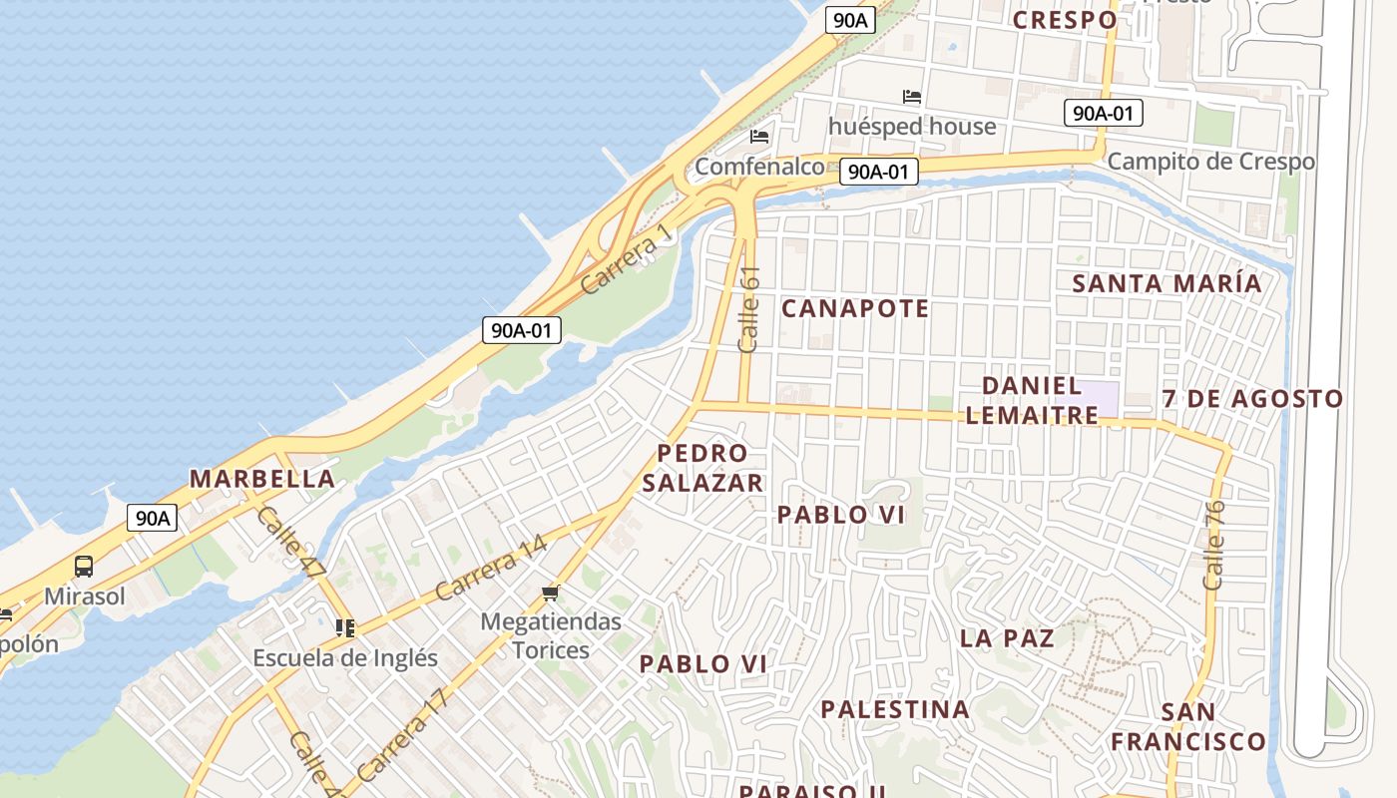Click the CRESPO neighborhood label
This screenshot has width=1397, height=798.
coord(1065,20)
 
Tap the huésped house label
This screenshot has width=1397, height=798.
coord(912,127)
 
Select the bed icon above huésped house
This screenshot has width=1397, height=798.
coord(911,97)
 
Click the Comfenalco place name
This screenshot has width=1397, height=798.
coord(759,167)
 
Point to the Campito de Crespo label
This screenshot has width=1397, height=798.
coord(1210,161)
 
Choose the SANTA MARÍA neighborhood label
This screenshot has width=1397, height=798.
coord(1166,283)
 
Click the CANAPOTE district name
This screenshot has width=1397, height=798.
coord(855,308)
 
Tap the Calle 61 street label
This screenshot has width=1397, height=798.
coord(749,309)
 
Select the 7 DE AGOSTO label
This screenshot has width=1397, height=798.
coord(1253,399)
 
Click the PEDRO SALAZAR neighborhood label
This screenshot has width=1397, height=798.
coord(702,468)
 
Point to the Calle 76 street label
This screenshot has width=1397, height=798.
coord(1213,544)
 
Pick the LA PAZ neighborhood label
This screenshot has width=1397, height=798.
coord(1007,638)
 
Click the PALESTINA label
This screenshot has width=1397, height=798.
coord(895,709)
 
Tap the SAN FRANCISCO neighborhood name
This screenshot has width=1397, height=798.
coord(1188,727)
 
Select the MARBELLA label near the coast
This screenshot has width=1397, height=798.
coord(262,479)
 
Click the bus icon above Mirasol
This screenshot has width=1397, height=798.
coord(84,567)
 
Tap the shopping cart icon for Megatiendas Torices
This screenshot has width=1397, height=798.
coord(550,594)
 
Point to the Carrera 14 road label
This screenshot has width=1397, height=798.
coord(491,569)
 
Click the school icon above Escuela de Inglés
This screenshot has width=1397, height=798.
coord(345,628)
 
